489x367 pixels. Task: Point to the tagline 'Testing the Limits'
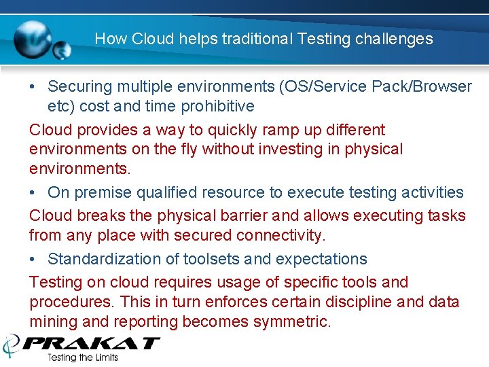(x=82, y=357)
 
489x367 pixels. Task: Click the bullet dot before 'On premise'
(x=33, y=193)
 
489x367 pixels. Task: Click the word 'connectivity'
(x=280, y=235)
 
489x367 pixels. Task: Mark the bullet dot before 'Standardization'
(x=33, y=259)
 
